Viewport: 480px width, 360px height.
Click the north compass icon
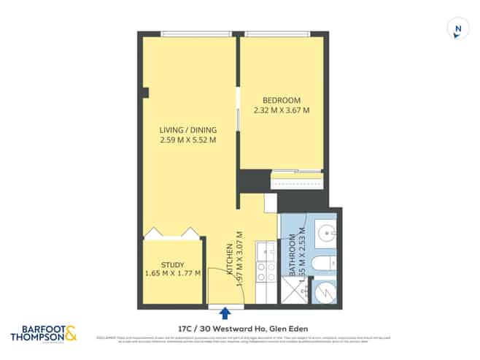(x=457, y=29)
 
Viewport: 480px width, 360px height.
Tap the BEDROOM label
(x=281, y=100)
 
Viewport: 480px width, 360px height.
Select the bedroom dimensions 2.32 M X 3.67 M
(x=281, y=111)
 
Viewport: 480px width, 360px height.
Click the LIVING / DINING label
(x=187, y=130)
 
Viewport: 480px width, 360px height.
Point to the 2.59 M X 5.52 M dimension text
(x=187, y=140)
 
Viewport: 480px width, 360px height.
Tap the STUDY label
(x=172, y=265)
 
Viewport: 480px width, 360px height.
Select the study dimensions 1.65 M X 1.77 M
(x=172, y=275)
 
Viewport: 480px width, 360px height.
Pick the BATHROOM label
(x=291, y=253)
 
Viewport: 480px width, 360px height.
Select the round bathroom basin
(x=326, y=234)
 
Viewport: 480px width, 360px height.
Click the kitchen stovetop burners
(x=267, y=272)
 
